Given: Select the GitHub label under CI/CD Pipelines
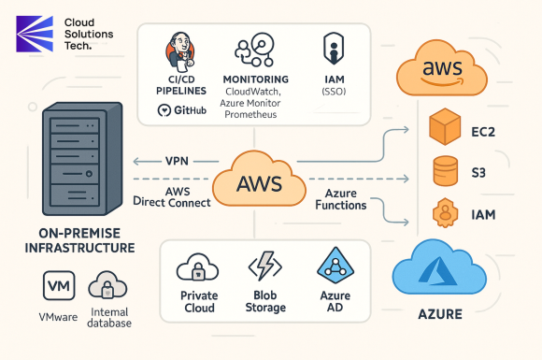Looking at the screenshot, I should coord(186,110).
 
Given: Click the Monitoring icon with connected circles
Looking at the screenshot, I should coord(255,51).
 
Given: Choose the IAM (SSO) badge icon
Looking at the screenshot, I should coord(331,48).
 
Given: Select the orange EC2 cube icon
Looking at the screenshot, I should coord(444,128).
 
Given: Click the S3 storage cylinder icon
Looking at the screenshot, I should coord(445,172).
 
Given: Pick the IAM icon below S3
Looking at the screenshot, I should coord(444,212).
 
